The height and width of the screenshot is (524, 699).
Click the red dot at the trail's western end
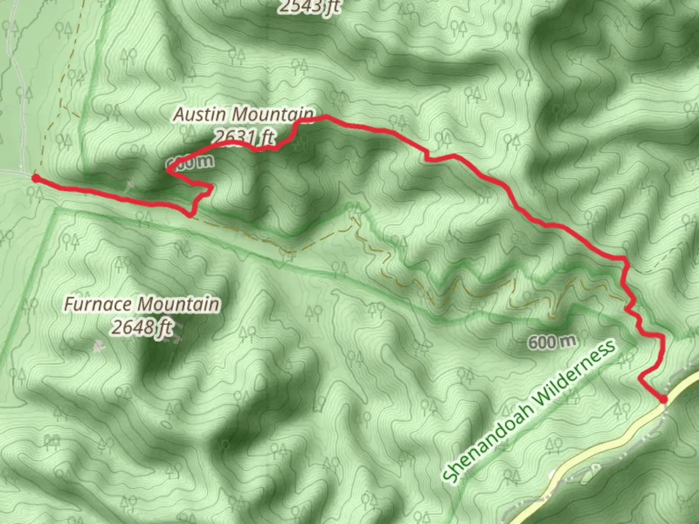click(35, 178)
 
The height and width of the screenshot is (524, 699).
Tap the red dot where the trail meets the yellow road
click(663, 399)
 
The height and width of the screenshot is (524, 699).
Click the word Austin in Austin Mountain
click(200, 115)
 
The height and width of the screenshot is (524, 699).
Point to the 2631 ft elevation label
click(243, 138)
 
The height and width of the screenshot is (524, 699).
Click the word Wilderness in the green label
click(576, 368)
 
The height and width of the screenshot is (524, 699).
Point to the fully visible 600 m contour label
click(552, 342)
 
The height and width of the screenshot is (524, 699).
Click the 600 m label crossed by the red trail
click(191, 163)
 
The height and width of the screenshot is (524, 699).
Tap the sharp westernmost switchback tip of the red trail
click(167, 170)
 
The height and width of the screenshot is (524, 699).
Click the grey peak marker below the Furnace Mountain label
click(99, 346)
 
